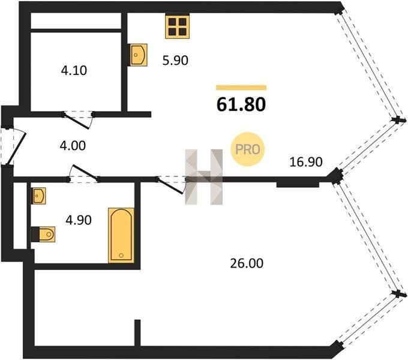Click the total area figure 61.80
tap(241, 104)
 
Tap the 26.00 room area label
tap(247, 263)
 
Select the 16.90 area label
tap(306, 162)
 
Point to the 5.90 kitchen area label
tap(175, 61)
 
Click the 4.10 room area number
tap(74, 70)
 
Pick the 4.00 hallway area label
tap(73, 146)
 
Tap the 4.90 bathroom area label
tap(79, 220)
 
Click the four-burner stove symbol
tap(177, 26)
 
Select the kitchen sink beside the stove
tap(139, 55)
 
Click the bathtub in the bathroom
tap(121, 235)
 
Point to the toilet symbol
tap(43, 235)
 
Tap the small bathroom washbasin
tap(38, 196)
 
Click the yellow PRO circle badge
tap(247, 149)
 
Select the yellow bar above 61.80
tap(241, 88)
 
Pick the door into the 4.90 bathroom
tap(85, 173)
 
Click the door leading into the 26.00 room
tap(170, 186)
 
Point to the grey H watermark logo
tap(204, 177)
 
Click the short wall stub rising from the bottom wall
tap(137, 333)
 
